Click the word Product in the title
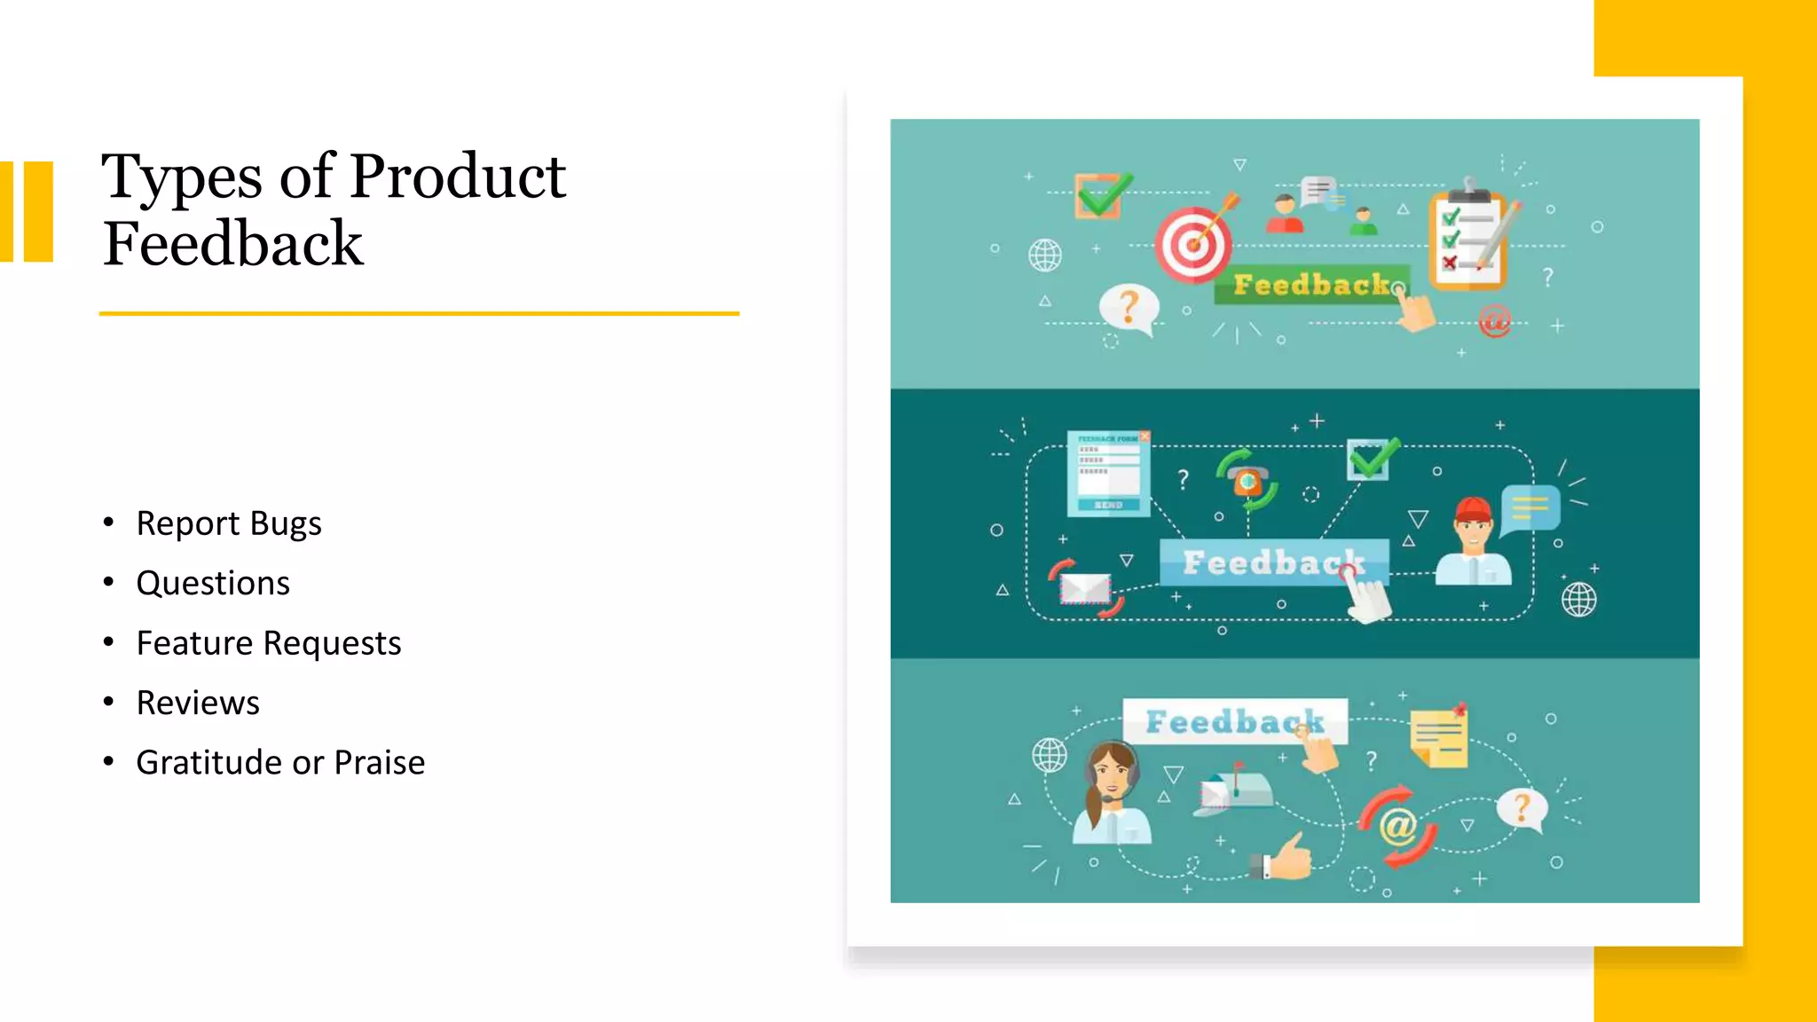pyautogui.click(x=457, y=176)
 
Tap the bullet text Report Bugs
pyautogui.click(x=228, y=523)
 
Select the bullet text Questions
pyautogui.click(x=213, y=583)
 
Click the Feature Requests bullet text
pyautogui.click(x=268, y=643)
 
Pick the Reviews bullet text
pyautogui.click(x=198, y=703)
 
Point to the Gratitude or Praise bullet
pyautogui.click(x=280, y=762)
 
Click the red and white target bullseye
pyautogui.click(x=1193, y=244)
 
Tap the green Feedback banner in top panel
pyautogui.click(x=1310, y=285)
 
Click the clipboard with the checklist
pyautogui.click(x=1469, y=240)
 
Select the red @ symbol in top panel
pyautogui.click(x=1494, y=320)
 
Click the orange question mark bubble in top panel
pyautogui.click(x=1129, y=308)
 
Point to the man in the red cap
pyautogui.click(x=1473, y=541)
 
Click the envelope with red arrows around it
pyautogui.click(x=1086, y=587)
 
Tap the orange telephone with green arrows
pyautogui.click(x=1247, y=480)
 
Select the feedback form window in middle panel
pyautogui.click(x=1109, y=473)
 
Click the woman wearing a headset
pyautogui.click(x=1112, y=792)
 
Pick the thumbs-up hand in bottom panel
pyautogui.click(x=1286, y=857)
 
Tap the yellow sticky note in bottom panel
pyautogui.click(x=1439, y=737)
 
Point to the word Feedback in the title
pyautogui.click(x=232, y=243)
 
